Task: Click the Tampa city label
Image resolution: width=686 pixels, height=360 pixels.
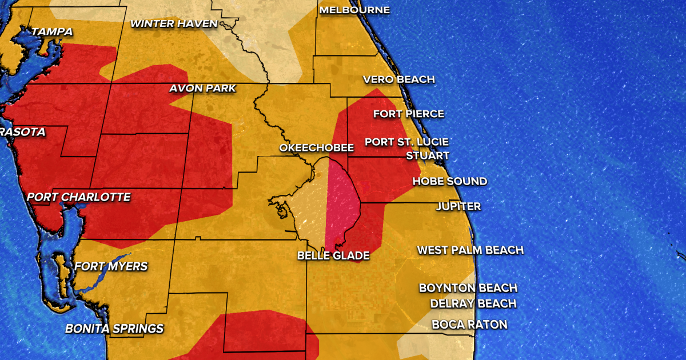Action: click(x=52, y=32)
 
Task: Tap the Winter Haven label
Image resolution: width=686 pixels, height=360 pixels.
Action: click(x=174, y=23)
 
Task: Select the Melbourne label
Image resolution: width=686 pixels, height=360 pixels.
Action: click(x=354, y=10)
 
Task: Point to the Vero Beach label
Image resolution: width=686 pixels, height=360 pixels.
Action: click(x=399, y=79)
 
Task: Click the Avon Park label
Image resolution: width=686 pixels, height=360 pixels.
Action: click(x=202, y=89)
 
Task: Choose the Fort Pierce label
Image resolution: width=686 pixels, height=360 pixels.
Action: click(x=409, y=114)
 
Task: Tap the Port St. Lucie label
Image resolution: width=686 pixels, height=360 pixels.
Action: click(x=406, y=142)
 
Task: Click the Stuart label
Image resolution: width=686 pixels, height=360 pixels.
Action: click(x=428, y=155)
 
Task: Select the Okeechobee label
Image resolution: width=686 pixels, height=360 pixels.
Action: click(x=316, y=148)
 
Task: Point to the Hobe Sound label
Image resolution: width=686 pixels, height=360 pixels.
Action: click(x=450, y=181)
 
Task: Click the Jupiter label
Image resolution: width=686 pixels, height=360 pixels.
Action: click(x=458, y=206)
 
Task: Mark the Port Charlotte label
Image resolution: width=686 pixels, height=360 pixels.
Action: click(x=79, y=197)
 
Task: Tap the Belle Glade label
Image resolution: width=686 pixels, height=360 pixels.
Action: click(x=333, y=255)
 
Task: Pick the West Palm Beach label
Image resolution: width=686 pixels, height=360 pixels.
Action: click(x=470, y=250)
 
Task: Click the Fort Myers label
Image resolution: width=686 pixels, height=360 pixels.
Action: click(x=111, y=266)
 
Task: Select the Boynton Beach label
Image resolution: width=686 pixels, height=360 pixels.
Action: click(x=468, y=288)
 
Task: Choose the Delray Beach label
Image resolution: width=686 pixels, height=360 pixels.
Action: click(x=473, y=303)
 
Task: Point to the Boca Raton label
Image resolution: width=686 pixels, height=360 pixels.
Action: click(x=469, y=325)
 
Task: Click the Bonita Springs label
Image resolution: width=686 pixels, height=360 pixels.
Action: click(x=114, y=329)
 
